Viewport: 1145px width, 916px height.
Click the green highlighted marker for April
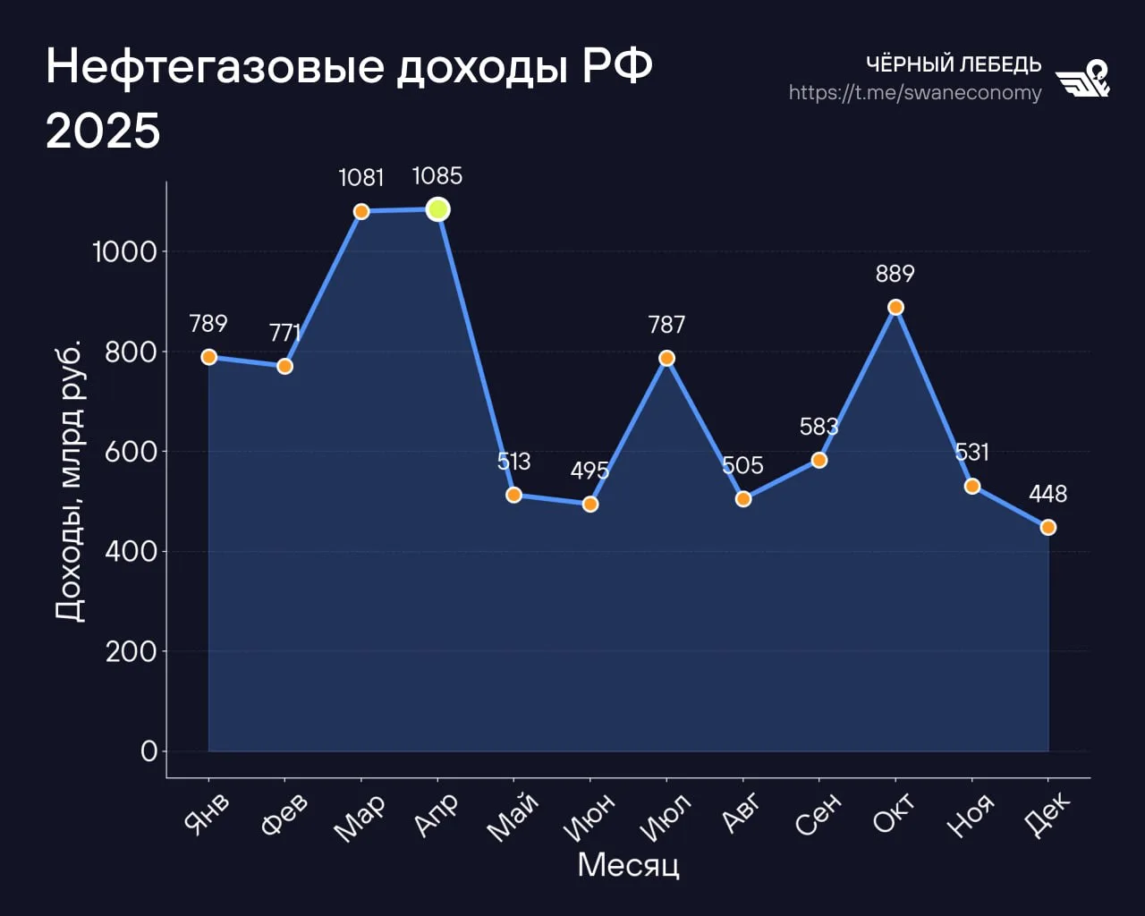point(437,209)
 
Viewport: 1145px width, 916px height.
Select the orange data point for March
point(361,212)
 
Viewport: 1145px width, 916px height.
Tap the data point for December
point(1048,528)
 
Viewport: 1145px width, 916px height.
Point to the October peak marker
point(895,308)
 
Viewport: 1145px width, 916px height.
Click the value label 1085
point(437,176)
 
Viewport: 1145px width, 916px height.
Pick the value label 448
point(1048,494)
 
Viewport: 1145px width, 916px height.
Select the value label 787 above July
point(666,325)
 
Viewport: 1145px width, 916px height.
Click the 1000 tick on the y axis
point(124,252)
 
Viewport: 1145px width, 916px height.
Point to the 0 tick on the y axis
point(148,751)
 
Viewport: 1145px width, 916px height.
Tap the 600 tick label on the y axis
point(131,452)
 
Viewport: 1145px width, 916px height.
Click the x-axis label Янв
point(207,813)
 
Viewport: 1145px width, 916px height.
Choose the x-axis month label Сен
point(818,813)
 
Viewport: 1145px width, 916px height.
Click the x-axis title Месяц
point(628,865)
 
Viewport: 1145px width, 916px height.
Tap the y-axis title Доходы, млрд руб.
point(69,480)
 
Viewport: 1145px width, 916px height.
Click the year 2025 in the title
point(103,131)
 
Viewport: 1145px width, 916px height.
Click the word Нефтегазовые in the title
point(215,66)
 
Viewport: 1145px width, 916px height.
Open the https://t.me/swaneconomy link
point(915,93)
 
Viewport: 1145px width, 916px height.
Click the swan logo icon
point(1083,79)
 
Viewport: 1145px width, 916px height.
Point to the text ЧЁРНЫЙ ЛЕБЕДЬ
point(954,64)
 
